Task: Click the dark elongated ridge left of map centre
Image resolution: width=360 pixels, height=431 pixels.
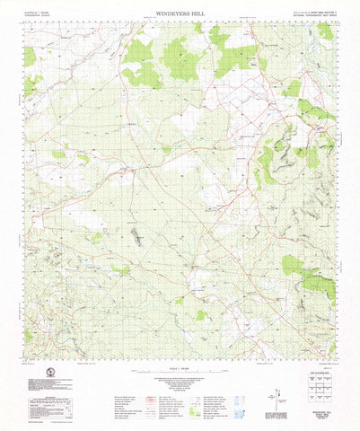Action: (x=136, y=237)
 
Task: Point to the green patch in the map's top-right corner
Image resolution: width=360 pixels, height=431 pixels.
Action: (x=325, y=31)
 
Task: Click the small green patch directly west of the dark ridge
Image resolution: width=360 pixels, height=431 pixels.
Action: (x=96, y=238)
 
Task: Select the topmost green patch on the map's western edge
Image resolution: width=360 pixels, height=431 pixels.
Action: (x=30, y=57)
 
